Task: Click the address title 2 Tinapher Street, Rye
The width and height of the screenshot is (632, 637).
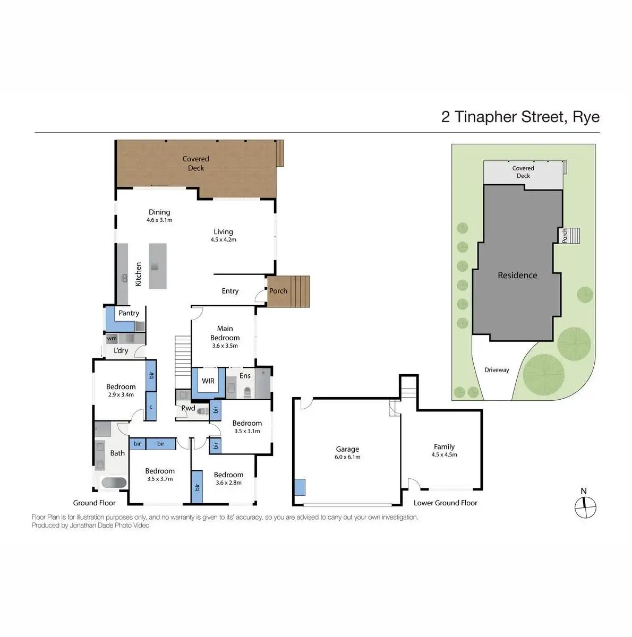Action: click(x=520, y=117)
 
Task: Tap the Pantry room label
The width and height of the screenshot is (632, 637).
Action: click(x=129, y=313)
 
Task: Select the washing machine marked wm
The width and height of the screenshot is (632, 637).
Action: click(x=112, y=339)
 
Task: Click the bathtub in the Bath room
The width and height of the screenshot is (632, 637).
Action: click(x=114, y=483)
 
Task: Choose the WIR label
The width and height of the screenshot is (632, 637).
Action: click(x=208, y=381)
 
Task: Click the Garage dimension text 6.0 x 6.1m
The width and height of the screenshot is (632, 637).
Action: click(x=347, y=457)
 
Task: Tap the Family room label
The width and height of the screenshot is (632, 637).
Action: click(x=443, y=446)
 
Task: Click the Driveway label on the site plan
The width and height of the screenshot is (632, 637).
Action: click(x=497, y=370)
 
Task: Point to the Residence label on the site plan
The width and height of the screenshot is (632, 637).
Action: click(x=517, y=275)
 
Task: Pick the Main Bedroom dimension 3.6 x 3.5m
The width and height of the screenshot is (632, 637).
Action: click(x=225, y=346)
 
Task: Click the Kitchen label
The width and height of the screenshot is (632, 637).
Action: click(x=138, y=274)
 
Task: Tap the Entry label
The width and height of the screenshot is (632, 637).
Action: click(x=230, y=291)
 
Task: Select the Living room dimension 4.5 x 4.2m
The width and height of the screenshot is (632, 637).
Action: click(x=224, y=239)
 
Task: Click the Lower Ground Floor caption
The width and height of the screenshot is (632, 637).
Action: click(x=445, y=503)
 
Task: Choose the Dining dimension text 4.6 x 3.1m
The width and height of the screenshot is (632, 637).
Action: click(x=159, y=220)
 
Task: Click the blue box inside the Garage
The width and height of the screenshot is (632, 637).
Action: click(x=300, y=487)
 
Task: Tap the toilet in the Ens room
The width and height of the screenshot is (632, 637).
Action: click(x=247, y=392)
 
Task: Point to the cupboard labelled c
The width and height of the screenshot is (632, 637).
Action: click(x=151, y=406)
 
